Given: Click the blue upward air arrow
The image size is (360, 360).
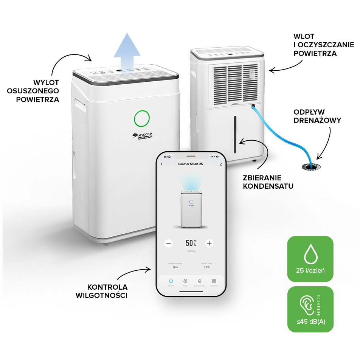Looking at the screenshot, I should click(127, 51).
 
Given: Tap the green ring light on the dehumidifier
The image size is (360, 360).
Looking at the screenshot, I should click(142, 118).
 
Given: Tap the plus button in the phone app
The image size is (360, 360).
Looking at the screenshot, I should click(209, 244).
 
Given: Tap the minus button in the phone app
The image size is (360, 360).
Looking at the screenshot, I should click(169, 244).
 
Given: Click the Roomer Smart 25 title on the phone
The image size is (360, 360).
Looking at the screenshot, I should click(191, 164).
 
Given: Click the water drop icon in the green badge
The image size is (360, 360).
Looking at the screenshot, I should click(310, 254).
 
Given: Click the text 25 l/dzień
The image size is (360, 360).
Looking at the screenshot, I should click(310, 270).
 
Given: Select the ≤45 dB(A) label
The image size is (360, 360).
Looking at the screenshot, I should click(310, 322).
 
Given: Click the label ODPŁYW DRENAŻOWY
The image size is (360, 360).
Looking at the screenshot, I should click(317, 116).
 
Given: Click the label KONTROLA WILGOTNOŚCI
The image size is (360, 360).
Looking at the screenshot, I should click(107, 291).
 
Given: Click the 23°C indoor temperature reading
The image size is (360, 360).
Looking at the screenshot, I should click(207, 267).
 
